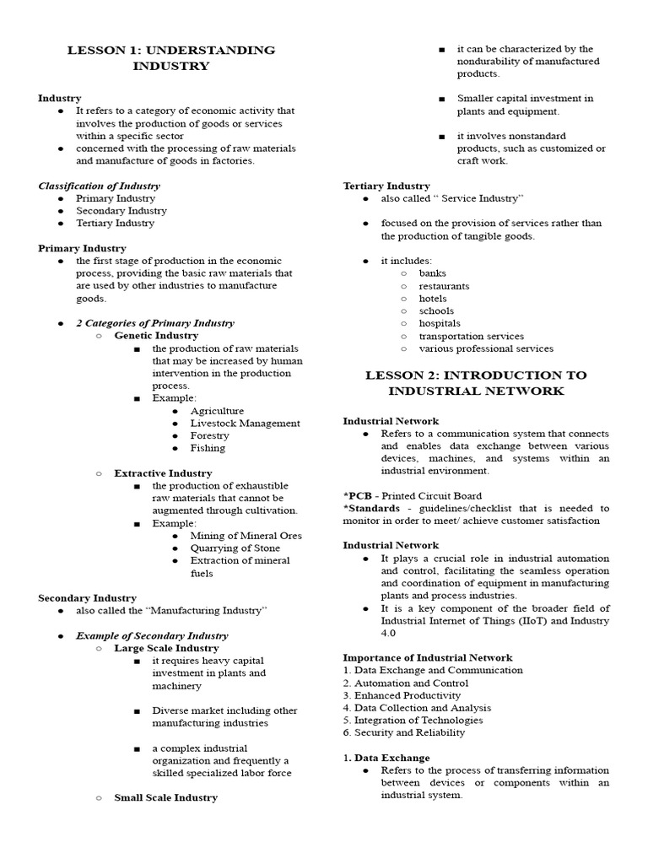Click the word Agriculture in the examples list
(217, 411)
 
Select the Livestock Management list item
(245, 424)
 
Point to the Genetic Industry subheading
(156, 336)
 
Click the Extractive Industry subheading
(163, 473)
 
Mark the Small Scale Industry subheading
(165, 797)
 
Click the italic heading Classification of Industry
(99, 186)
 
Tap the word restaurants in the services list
(444, 286)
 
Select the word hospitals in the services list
(440, 323)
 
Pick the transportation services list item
(471, 336)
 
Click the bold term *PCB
(358, 496)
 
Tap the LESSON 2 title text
(476, 383)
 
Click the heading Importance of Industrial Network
(427, 657)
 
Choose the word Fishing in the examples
(208, 448)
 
